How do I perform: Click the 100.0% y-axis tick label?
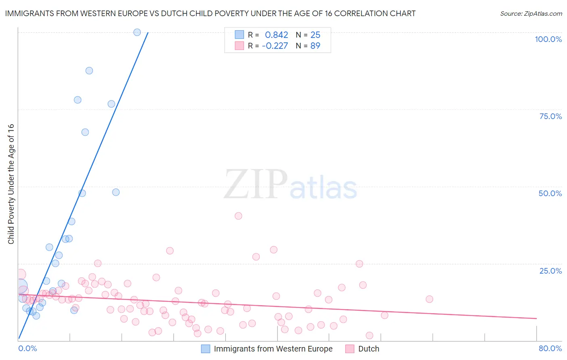(548, 39)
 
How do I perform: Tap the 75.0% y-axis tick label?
(550, 116)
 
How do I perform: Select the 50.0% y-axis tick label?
(550, 193)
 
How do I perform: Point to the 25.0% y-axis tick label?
(550, 270)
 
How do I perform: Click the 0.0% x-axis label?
(27, 348)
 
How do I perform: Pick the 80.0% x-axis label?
(550, 348)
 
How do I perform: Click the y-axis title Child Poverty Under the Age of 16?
(11, 184)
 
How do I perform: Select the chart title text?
(210, 13)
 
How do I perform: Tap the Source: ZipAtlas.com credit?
(531, 13)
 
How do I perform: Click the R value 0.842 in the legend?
(276, 35)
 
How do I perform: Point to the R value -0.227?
(275, 46)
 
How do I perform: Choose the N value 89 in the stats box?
(315, 46)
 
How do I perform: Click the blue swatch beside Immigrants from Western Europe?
(206, 349)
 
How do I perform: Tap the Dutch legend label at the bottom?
(369, 349)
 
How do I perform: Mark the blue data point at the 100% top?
(137, 32)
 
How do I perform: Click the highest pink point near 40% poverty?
(238, 216)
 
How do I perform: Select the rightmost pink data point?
(429, 299)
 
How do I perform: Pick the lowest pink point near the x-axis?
(369, 335)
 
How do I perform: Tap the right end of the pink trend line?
(536, 318)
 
